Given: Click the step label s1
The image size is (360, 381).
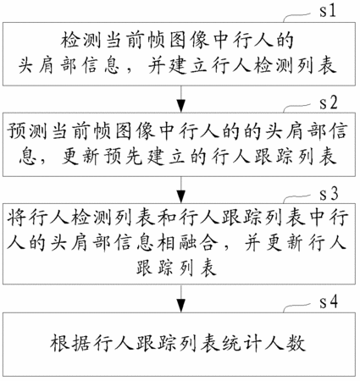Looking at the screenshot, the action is (x=328, y=11).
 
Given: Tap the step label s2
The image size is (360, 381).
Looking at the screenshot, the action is (x=329, y=102).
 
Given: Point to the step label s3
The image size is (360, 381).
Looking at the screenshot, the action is (x=329, y=194).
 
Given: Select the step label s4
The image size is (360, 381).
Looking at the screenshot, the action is (x=329, y=302).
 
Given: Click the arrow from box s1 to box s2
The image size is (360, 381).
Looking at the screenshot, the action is (x=181, y=99).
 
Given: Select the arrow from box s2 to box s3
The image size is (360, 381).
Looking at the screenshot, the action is (x=181, y=190).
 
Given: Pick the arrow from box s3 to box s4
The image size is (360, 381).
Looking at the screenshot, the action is (x=181, y=298).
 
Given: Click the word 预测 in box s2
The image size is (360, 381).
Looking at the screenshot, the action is (x=26, y=131).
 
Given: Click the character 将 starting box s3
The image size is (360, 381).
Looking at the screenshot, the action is (x=16, y=218).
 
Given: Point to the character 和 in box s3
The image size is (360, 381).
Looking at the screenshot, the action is (x=167, y=218).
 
